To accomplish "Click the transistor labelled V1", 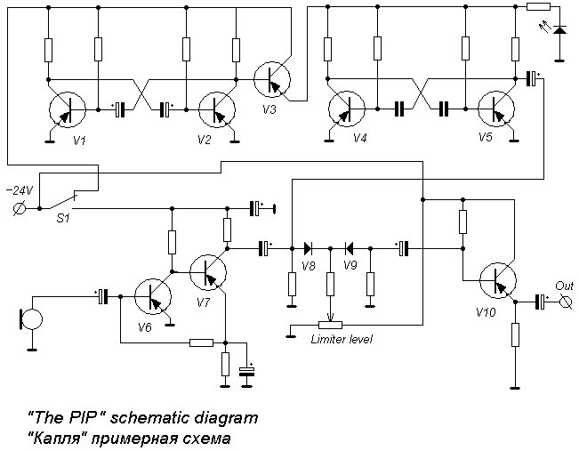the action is coord(68,109).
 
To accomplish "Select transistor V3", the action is coord(272,79).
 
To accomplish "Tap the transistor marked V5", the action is coord(496,109).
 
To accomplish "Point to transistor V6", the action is coord(152,296).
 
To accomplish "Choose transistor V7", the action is coord(208,272).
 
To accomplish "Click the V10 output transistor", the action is coord(498,280).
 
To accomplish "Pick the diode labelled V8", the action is coord(308,248).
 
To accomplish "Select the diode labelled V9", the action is coord(349,248).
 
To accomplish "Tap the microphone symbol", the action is coord(31,319).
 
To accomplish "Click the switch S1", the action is coord(63,200).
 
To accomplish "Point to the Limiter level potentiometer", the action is coord(331,325).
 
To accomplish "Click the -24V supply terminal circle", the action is coord(19,209).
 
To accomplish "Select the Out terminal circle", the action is coord(565,302).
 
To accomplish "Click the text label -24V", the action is coord(20,190).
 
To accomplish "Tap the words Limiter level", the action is coord(342,339).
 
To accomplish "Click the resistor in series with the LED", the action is coord(538,6).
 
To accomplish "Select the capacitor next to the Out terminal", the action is coord(541,302).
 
